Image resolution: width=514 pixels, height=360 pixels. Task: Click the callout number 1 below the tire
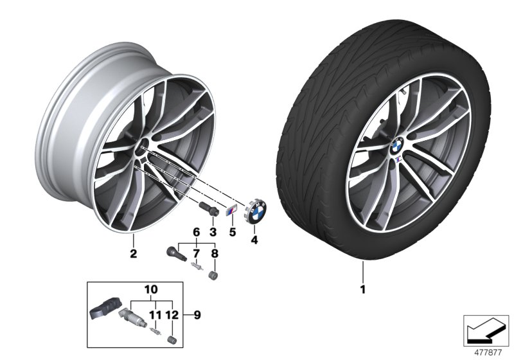pyautogui.click(x=362, y=289)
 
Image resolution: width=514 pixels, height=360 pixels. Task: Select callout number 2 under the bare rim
pyautogui.click(x=134, y=253)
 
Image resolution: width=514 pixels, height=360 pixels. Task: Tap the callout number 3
pyautogui.click(x=213, y=230)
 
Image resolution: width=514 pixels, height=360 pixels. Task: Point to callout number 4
pyautogui.click(x=254, y=240)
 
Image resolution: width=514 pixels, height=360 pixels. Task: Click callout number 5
pyautogui.click(x=233, y=230)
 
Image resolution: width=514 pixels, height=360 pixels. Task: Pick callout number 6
pyautogui.click(x=197, y=231)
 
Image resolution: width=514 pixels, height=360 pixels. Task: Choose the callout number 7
pyautogui.click(x=197, y=253)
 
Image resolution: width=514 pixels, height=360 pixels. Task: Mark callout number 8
pyautogui.click(x=215, y=253)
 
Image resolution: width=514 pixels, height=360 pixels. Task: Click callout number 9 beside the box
pyautogui.click(x=197, y=315)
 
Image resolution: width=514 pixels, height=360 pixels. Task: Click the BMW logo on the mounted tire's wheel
pyautogui.click(x=396, y=145)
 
